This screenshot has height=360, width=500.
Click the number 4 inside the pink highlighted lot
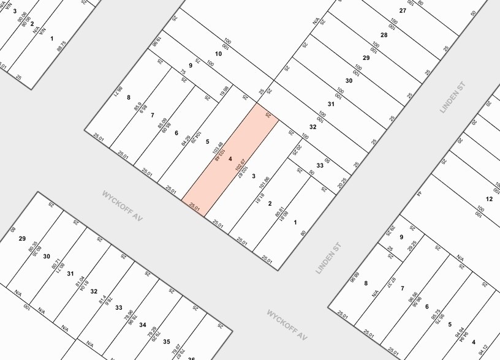click(230, 159)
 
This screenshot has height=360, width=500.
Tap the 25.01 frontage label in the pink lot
click(195, 208)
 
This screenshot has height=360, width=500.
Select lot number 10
click(218, 54)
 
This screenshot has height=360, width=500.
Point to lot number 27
click(403, 10)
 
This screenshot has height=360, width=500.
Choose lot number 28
click(384, 34)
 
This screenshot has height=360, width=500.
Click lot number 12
click(489, 198)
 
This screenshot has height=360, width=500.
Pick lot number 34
click(142, 324)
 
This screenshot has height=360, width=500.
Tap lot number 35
click(166, 341)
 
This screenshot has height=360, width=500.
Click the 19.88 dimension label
click(224, 92)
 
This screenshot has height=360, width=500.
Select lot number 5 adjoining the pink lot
click(208, 141)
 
